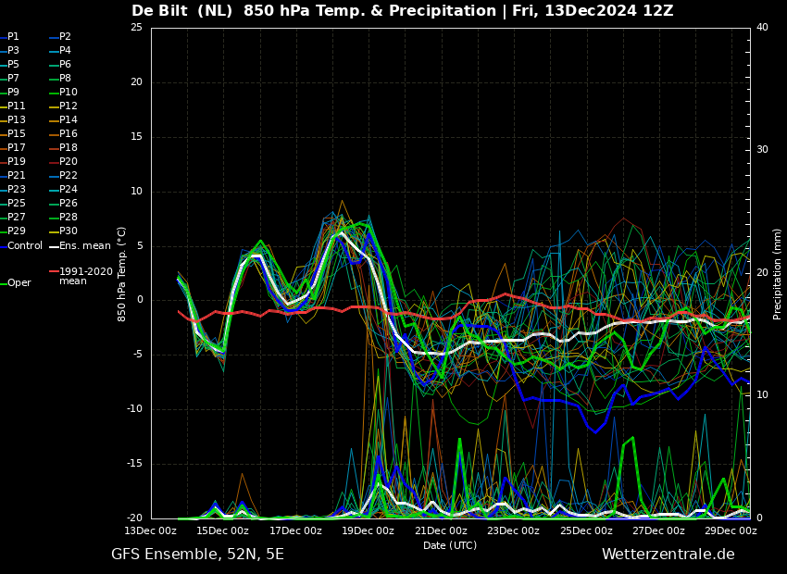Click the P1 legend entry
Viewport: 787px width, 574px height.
pyautogui.click(x=10, y=37)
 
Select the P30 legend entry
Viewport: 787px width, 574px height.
pyautogui.click(x=64, y=231)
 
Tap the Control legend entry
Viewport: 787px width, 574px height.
pyautogui.click(x=21, y=246)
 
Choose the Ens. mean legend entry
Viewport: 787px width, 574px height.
pyautogui.click(x=81, y=246)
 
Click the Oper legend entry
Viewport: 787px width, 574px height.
pyautogui.click(x=16, y=283)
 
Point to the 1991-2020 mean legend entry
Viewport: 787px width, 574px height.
pyautogui.click(x=81, y=276)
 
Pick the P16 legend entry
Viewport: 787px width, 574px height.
pyautogui.click(x=64, y=133)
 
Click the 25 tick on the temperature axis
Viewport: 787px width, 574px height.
pyautogui.click(x=136, y=27)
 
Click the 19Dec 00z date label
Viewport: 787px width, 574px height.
pyautogui.click(x=369, y=530)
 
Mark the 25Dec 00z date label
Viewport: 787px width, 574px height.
pyautogui.click(x=587, y=530)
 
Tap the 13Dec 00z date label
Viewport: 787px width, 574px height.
pyautogui.click(x=151, y=530)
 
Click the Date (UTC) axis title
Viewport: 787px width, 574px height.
pyautogui.click(x=450, y=545)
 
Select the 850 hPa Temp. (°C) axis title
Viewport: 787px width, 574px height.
pyautogui.click(x=121, y=274)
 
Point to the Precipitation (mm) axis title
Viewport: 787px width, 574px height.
pyautogui.click(x=778, y=273)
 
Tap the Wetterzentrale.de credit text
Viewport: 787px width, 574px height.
pyautogui.click(x=668, y=555)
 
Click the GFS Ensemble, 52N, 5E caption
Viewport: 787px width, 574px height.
pyautogui.click(x=198, y=555)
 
